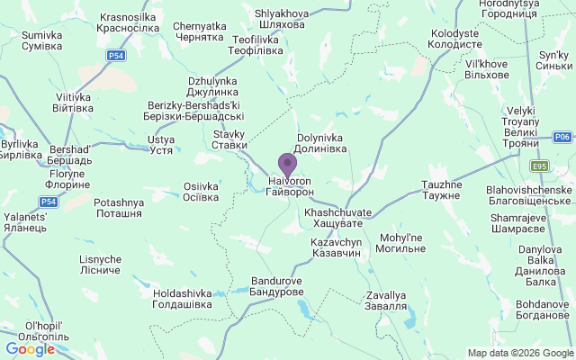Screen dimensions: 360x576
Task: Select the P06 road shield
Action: pyautogui.click(x=562, y=137)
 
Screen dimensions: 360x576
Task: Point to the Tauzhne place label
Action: pyautogui.click(x=441, y=190)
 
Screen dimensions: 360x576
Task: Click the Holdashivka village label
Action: pyautogui.click(x=183, y=299)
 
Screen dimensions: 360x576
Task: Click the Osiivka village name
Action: pyautogui.click(x=201, y=193)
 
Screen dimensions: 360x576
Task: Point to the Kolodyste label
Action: pyautogui.click(x=456, y=39)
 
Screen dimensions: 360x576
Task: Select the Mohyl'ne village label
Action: pyautogui.click(x=401, y=243)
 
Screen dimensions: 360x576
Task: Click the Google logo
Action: pyautogui.click(x=30, y=349)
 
